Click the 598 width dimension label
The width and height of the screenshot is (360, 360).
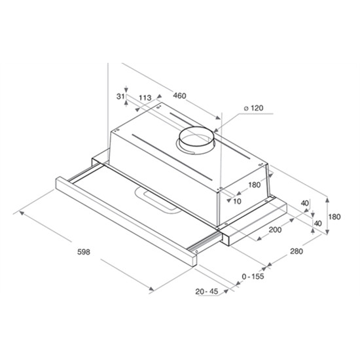(x=84, y=252)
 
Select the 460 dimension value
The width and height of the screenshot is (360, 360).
(x=179, y=96)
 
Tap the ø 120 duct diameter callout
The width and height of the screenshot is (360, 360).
(x=253, y=108)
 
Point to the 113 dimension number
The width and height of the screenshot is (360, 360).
(x=145, y=98)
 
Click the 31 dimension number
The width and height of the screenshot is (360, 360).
(x=120, y=97)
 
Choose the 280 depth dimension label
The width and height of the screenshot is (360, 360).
(x=297, y=251)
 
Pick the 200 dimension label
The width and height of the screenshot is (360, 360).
(x=275, y=229)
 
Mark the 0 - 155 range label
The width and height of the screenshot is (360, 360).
(x=253, y=276)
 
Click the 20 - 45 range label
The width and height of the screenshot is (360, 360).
(x=207, y=291)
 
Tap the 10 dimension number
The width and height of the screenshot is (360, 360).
(x=237, y=202)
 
